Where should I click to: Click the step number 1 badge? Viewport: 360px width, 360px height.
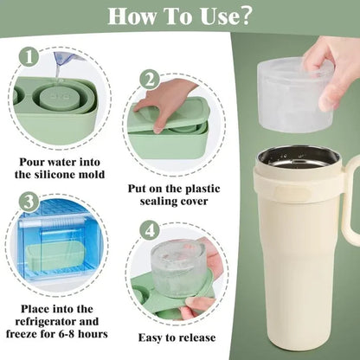[29, 56]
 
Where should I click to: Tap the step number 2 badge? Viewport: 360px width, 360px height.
[150, 80]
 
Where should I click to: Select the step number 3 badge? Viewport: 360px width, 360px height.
[29, 202]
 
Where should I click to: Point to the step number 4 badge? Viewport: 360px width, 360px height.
[150, 231]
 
